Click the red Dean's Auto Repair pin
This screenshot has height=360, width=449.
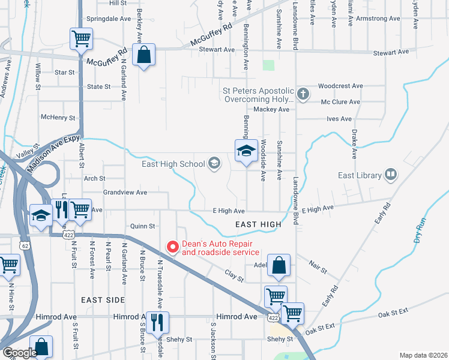pos(173,247)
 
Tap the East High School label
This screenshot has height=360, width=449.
pos(173,163)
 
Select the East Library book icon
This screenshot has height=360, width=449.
pos(391,175)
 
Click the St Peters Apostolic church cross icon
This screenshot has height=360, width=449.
pos(304,94)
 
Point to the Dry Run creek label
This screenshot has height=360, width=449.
pos(420,230)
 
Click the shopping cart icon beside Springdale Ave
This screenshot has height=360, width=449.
pos(81,39)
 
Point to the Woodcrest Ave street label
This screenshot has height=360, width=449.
pos(340,86)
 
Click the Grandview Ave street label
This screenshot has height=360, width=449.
pos(125,193)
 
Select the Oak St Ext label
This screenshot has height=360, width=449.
pos(393,314)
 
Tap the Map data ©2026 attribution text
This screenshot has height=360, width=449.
pos(423,355)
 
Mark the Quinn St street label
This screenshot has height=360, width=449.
pos(143,226)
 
